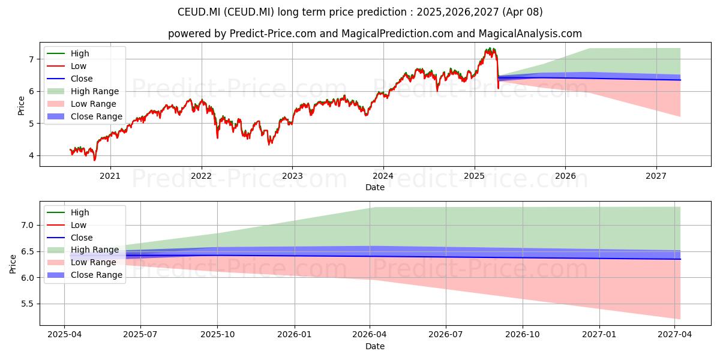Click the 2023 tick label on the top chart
pyautogui.click(x=292, y=176)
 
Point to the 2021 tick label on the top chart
pyautogui.click(x=110, y=176)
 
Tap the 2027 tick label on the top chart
pyautogui.click(x=656, y=176)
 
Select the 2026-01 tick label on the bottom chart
pyautogui.click(x=295, y=335)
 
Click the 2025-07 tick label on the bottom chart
pyautogui.click(x=140, y=335)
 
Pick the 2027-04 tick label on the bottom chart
pyautogui.click(x=674, y=335)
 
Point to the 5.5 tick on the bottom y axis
pyautogui.click(x=28, y=304)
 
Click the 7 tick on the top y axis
pyautogui.click(x=31, y=59)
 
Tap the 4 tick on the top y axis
pyautogui.click(x=31, y=155)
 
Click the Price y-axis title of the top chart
pyautogui.click(x=21, y=106)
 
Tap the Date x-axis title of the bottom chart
pyautogui.click(x=375, y=346)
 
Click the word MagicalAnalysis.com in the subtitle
pyautogui.click(x=530, y=34)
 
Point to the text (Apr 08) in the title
pyautogui.click(x=523, y=12)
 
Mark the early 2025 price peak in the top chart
pyautogui.click(x=490, y=48)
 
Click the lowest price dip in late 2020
pyautogui.click(x=95, y=160)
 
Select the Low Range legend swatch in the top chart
pyautogui.click(x=56, y=104)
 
